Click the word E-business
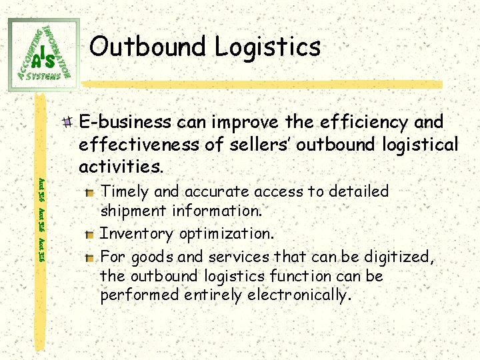(x=124, y=123)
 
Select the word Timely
(x=125, y=192)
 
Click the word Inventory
(x=131, y=234)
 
